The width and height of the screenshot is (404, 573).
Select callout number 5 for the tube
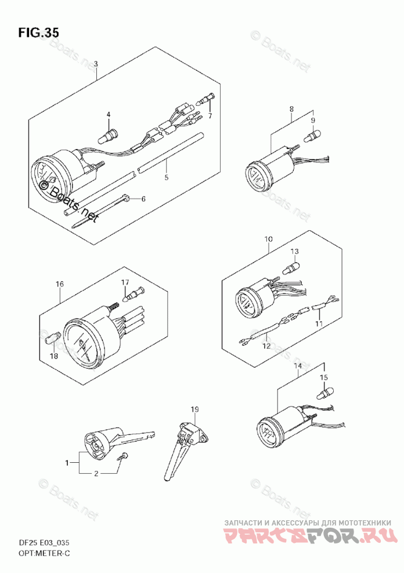[x=166, y=177]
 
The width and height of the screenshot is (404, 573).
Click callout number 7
[x=210, y=115]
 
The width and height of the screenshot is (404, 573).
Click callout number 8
[x=291, y=108]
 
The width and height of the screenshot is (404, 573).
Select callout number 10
[x=269, y=239]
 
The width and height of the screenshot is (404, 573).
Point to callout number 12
[x=266, y=346]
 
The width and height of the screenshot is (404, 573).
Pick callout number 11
[x=318, y=322]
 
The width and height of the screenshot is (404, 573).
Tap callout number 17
[x=124, y=282]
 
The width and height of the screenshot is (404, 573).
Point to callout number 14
[x=298, y=366]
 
